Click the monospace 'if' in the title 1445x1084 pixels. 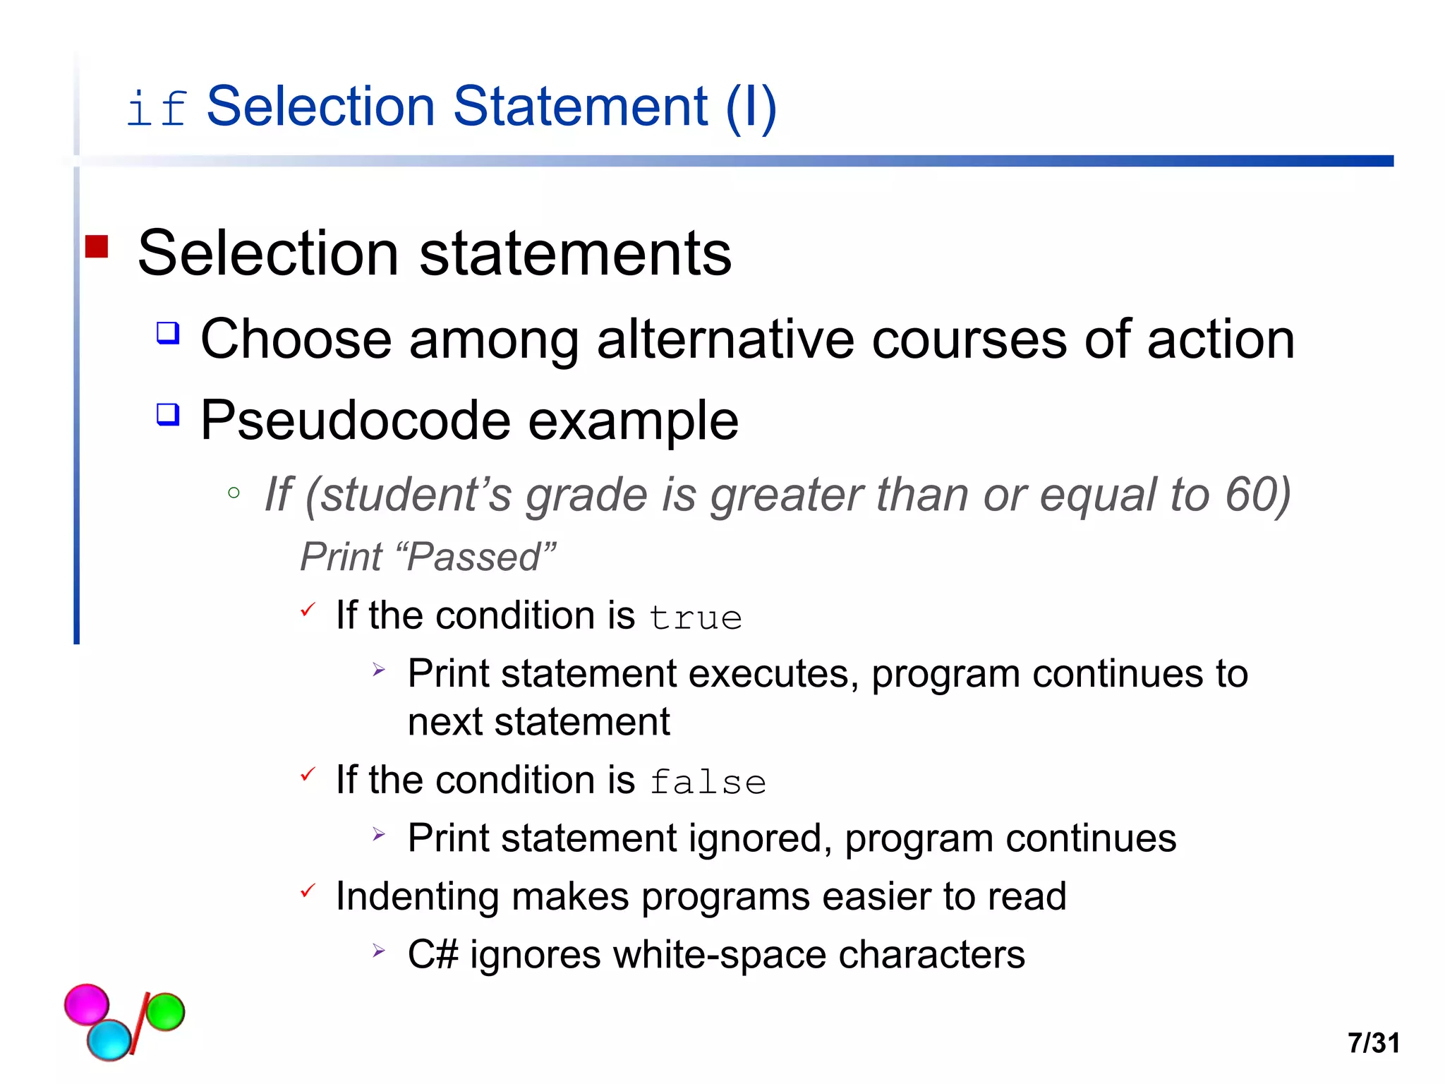click(157, 109)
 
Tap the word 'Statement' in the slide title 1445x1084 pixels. click(580, 107)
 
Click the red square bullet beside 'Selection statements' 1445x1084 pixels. click(97, 246)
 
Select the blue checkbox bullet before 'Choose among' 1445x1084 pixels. click(168, 332)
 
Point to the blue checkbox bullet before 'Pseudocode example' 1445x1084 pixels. click(168, 414)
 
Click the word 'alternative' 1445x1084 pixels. click(725, 339)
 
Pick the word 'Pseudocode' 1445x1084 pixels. click(355, 421)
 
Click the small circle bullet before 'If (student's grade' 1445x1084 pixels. click(234, 493)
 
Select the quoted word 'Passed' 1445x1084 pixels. click(473, 557)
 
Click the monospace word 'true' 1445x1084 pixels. click(695, 619)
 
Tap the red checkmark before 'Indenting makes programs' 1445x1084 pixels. click(308, 891)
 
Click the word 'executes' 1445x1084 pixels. click(773, 674)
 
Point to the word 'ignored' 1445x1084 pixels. click(760, 839)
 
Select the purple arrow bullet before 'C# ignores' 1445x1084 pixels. click(379, 951)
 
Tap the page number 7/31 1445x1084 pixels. click(1373, 1043)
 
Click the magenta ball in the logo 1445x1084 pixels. click(87, 1004)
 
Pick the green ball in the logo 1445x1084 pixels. click(166, 1012)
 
